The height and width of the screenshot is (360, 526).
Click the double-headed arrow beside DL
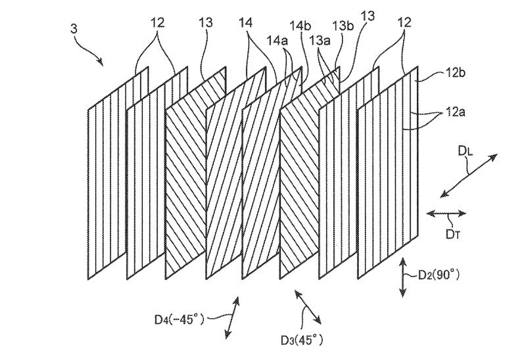(467, 173)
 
